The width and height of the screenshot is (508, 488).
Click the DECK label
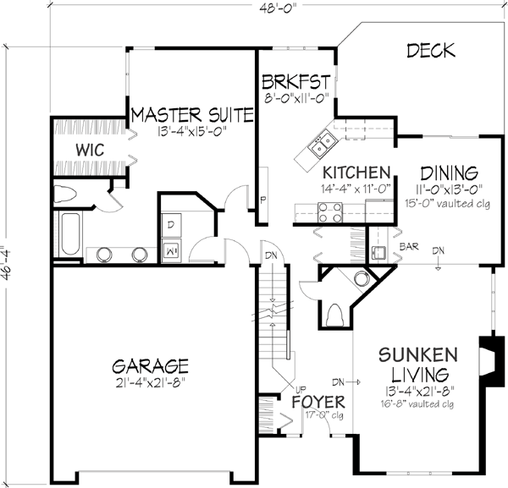click(x=431, y=51)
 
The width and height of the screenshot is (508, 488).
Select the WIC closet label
click(x=89, y=149)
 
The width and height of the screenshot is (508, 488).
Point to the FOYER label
click(x=318, y=402)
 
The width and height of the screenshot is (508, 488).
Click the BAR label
click(x=410, y=249)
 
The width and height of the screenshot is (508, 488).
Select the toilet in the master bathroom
click(x=66, y=194)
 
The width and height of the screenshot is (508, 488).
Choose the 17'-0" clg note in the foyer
click(x=319, y=415)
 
